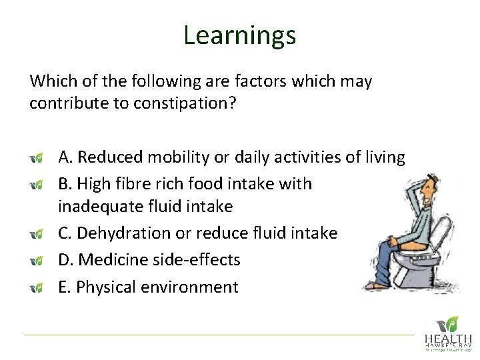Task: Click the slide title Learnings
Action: (x=239, y=35)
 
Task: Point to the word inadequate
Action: (x=94, y=207)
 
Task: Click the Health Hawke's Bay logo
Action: (x=448, y=332)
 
